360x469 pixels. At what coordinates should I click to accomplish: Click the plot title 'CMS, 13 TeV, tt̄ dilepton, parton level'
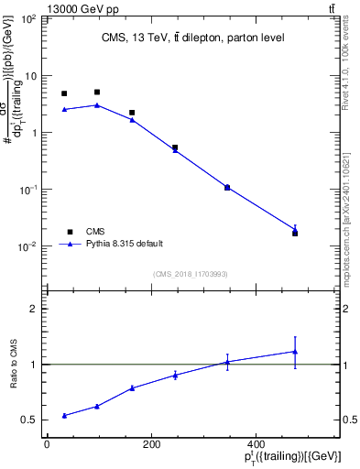click(x=192, y=38)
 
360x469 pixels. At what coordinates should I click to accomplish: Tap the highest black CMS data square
click(x=97, y=93)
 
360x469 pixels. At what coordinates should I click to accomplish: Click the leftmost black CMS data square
click(x=64, y=93)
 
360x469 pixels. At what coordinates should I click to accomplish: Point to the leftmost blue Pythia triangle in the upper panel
click(x=64, y=109)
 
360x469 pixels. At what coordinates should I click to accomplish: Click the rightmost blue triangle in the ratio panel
click(x=295, y=351)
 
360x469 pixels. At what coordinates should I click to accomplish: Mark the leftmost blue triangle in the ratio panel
click(x=64, y=415)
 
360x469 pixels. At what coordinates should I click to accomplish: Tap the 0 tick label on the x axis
click(x=47, y=444)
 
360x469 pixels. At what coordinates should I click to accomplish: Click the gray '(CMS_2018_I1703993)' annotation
click(x=191, y=274)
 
